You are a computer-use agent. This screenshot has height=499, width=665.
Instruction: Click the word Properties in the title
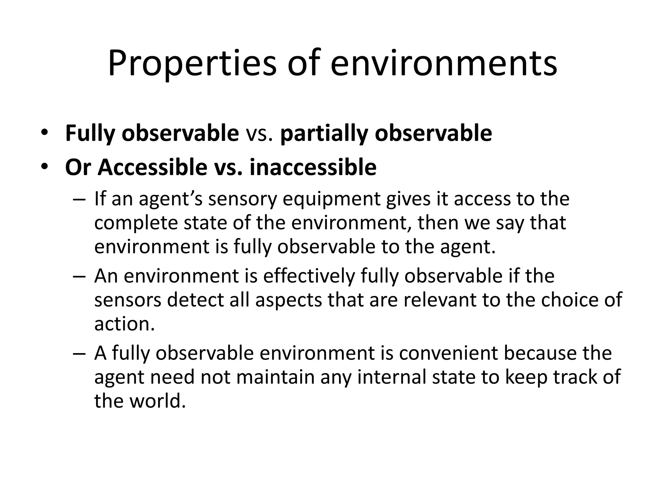coord(192,64)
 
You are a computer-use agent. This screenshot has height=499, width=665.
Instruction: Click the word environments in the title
coord(444,64)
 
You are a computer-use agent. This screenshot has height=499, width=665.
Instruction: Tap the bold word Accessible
coord(152,167)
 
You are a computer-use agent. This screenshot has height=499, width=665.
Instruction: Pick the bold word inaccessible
coord(313,167)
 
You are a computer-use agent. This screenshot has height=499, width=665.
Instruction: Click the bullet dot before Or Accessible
coord(44,167)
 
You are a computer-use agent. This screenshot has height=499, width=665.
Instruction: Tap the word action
coord(124,324)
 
